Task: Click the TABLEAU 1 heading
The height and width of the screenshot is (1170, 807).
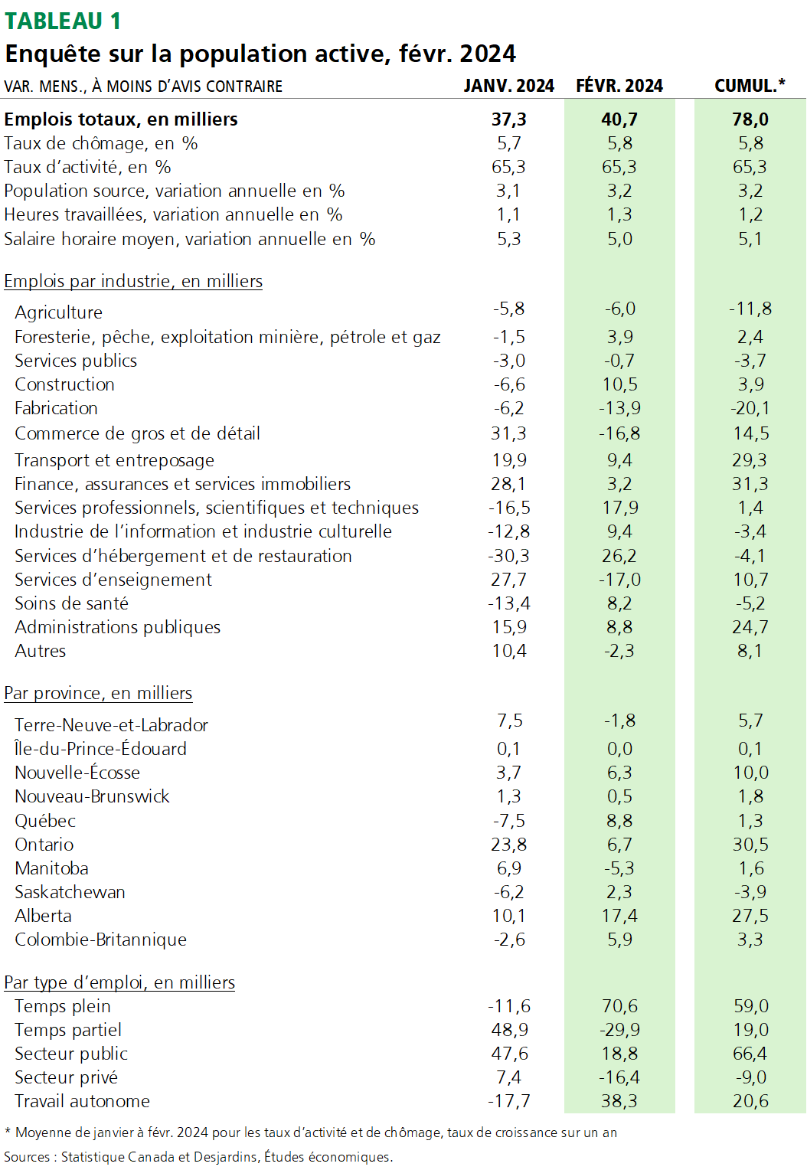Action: tap(63, 21)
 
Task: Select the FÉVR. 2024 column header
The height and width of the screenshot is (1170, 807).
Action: tap(619, 86)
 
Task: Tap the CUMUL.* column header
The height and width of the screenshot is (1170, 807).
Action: tap(750, 86)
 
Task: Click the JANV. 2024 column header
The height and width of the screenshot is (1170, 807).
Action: tap(508, 86)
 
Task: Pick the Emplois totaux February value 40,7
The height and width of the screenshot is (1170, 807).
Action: tap(619, 119)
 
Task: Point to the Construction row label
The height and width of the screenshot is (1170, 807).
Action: tap(64, 384)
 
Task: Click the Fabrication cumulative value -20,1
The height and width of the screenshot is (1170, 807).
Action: tap(750, 408)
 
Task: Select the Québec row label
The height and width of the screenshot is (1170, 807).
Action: tap(45, 821)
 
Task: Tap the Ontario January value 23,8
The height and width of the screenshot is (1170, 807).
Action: tap(508, 845)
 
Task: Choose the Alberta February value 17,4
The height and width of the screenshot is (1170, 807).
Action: tap(619, 916)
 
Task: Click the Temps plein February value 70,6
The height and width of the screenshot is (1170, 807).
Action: tap(619, 1006)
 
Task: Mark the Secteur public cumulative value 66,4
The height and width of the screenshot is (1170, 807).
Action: tap(750, 1054)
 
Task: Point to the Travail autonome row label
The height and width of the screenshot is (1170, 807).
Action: tap(82, 1101)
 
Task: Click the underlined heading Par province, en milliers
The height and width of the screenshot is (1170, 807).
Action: tap(98, 693)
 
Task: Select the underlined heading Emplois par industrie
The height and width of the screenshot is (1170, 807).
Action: tap(133, 281)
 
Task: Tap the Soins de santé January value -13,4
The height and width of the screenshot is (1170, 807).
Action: tap(508, 603)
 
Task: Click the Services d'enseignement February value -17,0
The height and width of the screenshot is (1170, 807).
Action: tap(619, 580)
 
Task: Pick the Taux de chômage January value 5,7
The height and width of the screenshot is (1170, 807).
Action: tap(508, 143)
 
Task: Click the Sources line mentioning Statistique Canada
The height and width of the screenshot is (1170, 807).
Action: tap(198, 1156)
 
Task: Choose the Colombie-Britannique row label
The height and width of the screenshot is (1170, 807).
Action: tap(100, 940)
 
